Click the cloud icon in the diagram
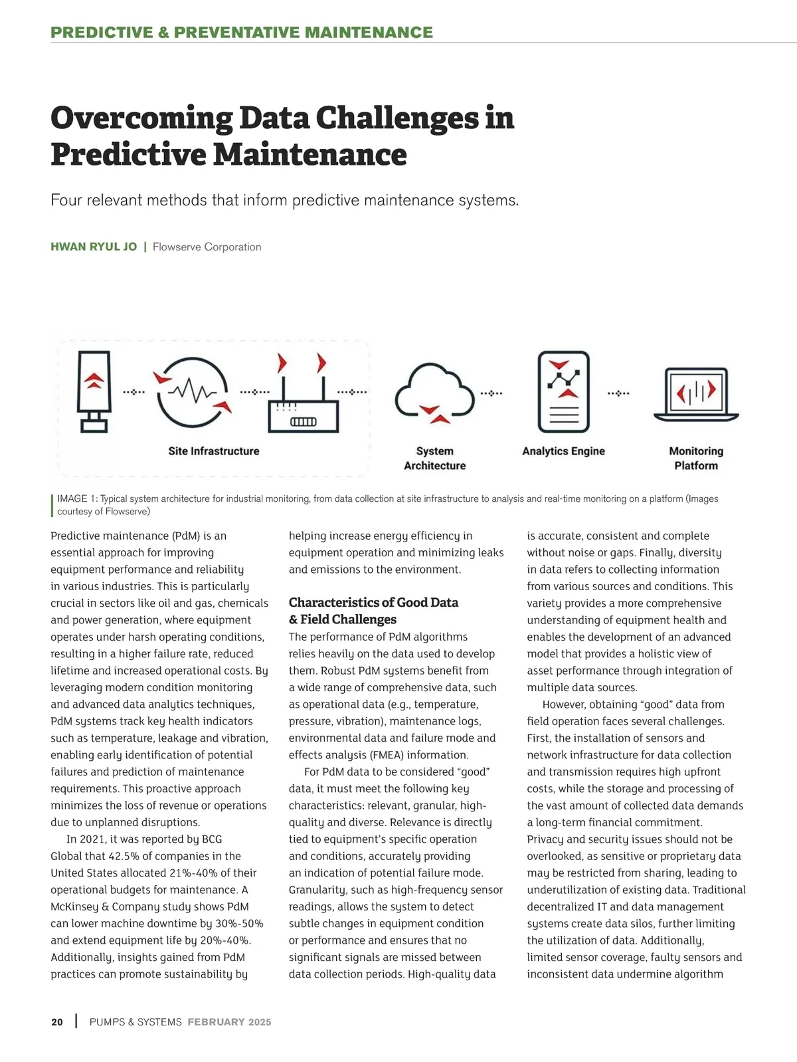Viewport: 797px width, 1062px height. click(434, 393)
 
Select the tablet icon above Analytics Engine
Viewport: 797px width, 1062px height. click(564, 392)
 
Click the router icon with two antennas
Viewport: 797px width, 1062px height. click(304, 402)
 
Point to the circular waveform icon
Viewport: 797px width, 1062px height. click(193, 392)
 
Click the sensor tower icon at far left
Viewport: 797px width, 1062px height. click(94, 391)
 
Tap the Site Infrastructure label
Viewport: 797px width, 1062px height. click(214, 451)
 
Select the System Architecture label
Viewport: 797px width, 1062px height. click(434, 459)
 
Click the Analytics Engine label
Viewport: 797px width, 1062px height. click(563, 451)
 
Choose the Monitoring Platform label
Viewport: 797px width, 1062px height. click(695, 459)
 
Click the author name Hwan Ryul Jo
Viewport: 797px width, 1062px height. click(94, 247)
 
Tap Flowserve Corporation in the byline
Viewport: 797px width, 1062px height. click(207, 247)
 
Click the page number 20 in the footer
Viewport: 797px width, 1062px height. click(57, 1022)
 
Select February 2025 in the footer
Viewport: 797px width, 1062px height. click(229, 1022)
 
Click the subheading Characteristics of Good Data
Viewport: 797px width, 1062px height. click(373, 603)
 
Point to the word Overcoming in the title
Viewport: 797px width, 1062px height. click(141, 118)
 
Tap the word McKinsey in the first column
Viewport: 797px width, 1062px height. click(75, 907)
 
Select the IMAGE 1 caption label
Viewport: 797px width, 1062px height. click(77, 499)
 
